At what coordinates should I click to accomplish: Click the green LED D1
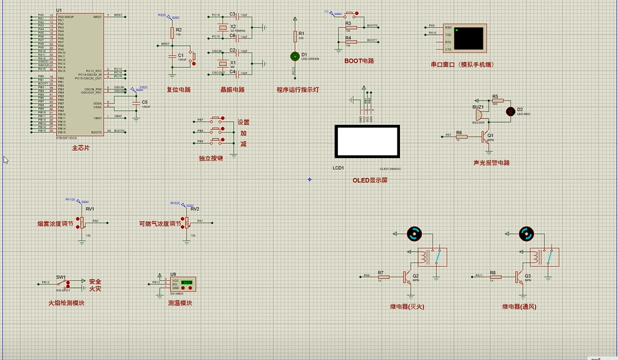coord(295,56)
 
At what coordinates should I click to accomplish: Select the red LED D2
coord(510,111)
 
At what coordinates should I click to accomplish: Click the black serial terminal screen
coord(469,38)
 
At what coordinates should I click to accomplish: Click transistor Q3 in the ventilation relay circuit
coord(520,276)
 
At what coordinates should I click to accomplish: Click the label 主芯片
coord(81,148)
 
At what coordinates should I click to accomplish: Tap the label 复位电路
coord(179,90)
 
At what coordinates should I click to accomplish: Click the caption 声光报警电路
coord(491,163)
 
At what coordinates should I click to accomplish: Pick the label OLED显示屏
coord(370,181)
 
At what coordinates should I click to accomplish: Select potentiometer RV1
coord(82,221)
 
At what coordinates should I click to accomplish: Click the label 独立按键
coord(211,158)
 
